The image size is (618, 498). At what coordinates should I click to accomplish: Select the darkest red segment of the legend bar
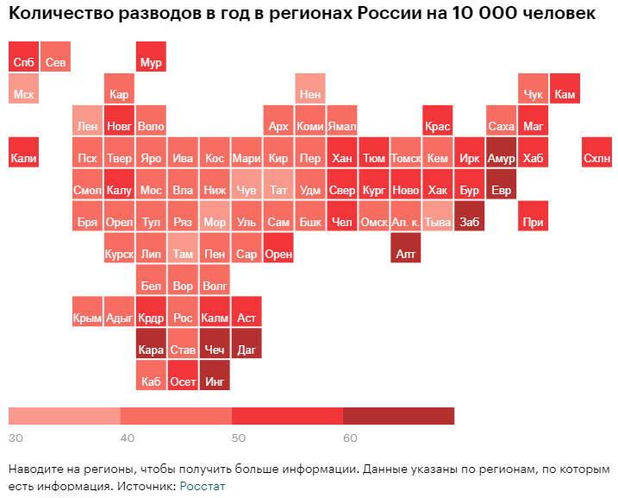tap(398, 415)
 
